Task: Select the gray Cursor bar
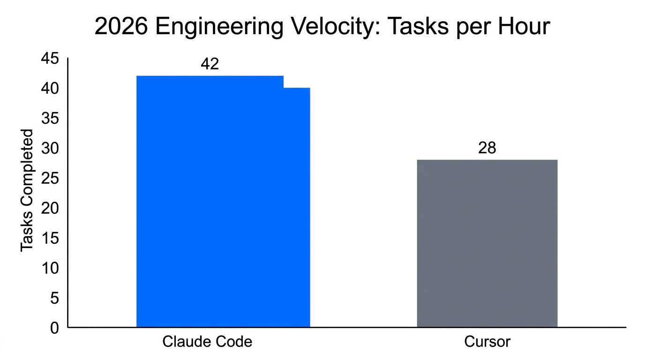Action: click(487, 243)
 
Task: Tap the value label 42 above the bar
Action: click(210, 64)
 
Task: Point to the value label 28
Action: click(487, 148)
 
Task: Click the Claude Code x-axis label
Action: click(207, 342)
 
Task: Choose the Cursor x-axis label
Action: click(487, 342)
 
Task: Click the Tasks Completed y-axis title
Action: click(27, 190)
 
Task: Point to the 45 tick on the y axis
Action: click(51, 59)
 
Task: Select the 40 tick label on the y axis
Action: click(51, 88)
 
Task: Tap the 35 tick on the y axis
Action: click(51, 118)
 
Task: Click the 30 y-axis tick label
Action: click(51, 148)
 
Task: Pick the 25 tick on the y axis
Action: click(51, 178)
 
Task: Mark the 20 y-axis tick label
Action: click(51, 208)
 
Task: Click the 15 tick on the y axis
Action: click(51, 238)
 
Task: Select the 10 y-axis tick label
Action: click(51, 268)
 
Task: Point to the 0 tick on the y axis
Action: click(55, 328)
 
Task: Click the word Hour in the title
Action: click(524, 27)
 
